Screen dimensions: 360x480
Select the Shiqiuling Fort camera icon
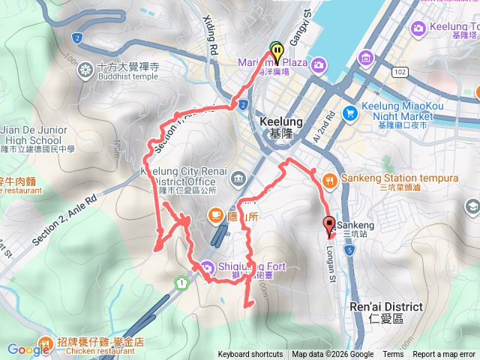205,266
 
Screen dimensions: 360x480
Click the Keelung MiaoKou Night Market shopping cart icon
349,112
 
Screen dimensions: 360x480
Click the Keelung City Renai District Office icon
238,178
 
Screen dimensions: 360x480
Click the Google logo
28,349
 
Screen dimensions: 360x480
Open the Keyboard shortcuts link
250,355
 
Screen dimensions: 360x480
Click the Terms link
393,355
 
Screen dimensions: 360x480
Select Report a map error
444,355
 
